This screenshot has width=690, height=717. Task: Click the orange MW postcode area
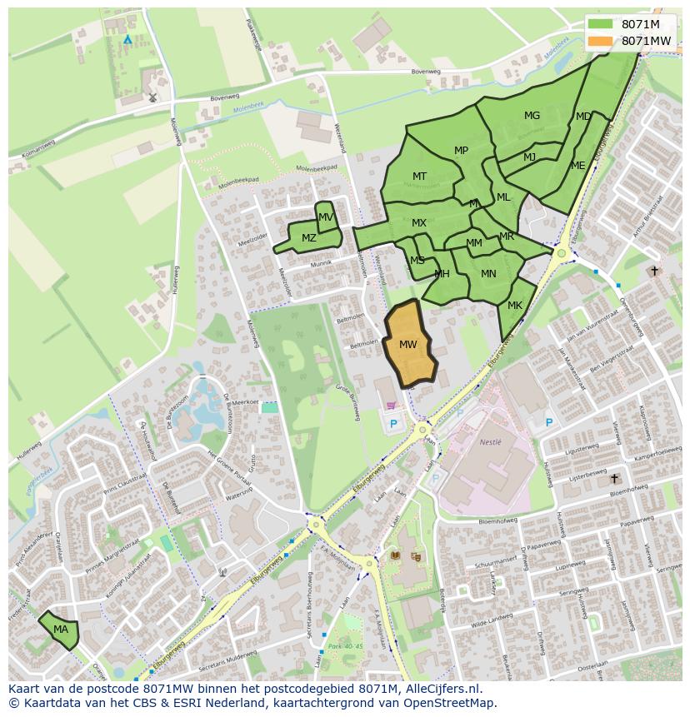coord(408,344)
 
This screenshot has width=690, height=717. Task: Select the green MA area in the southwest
coord(60,630)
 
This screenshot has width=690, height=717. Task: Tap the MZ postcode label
coord(309,238)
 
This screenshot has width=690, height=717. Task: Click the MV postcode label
coord(326,217)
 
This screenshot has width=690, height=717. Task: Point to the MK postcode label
coord(515,306)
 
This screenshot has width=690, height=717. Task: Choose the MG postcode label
coord(532,116)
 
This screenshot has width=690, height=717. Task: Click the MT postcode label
coord(419,177)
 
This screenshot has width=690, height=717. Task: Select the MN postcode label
coord(488,273)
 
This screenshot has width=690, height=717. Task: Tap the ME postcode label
coord(577,166)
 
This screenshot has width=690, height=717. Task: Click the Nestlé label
coord(491,442)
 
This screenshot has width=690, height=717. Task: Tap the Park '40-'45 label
coord(346,646)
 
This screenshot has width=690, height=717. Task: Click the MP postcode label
coord(461,151)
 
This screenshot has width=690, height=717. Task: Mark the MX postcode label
coord(419,223)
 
